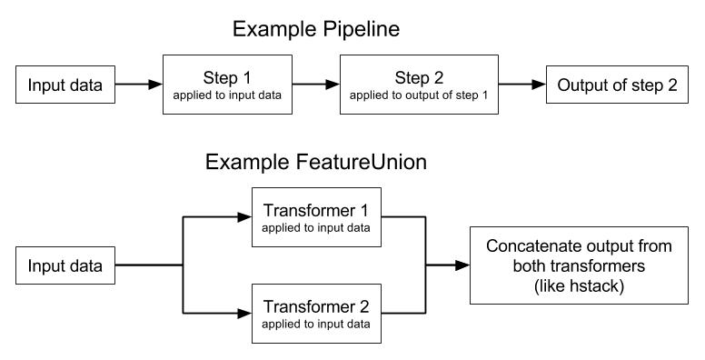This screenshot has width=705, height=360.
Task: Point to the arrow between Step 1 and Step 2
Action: pos(316,85)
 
